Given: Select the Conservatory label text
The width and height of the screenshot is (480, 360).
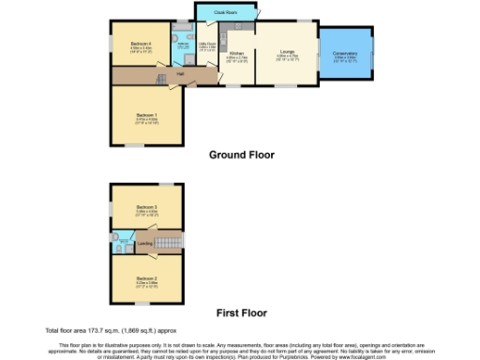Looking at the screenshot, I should click(x=345, y=53).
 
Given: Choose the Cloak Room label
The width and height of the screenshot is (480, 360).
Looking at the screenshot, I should click(x=225, y=12).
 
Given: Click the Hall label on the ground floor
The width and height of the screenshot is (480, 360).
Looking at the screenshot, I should click(x=179, y=74).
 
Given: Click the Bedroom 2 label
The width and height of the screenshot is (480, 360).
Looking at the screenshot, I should click(x=145, y=278).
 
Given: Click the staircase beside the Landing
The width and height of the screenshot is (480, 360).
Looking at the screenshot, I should click(x=167, y=243).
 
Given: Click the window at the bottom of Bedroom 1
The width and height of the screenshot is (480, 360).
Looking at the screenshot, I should click(x=141, y=145).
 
